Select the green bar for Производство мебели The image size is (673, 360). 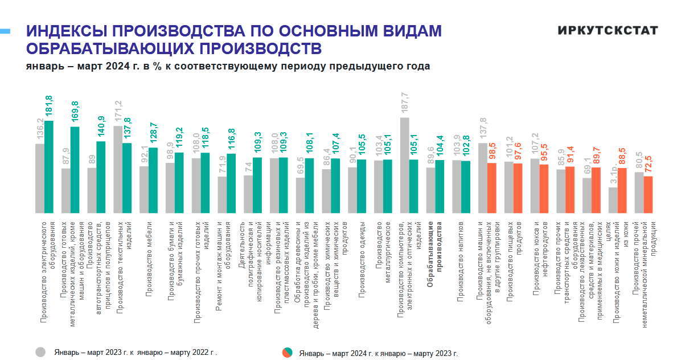pyautogui.click(x=153, y=179)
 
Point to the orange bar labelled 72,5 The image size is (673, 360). pyautogui.click(x=648, y=194)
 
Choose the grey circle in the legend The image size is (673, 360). pyautogui.click(x=40, y=351)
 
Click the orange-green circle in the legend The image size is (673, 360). pyautogui.click(x=288, y=353)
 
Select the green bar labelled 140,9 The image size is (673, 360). pyautogui.click(x=101, y=176)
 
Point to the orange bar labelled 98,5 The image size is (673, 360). pyautogui.click(x=492, y=187)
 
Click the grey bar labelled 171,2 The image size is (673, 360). pyautogui.click(x=118, y=168)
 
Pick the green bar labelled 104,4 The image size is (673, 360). pyautogui.click(x=440, y=186)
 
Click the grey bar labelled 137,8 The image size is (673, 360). pyautogui.click(x=483, y=177)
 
